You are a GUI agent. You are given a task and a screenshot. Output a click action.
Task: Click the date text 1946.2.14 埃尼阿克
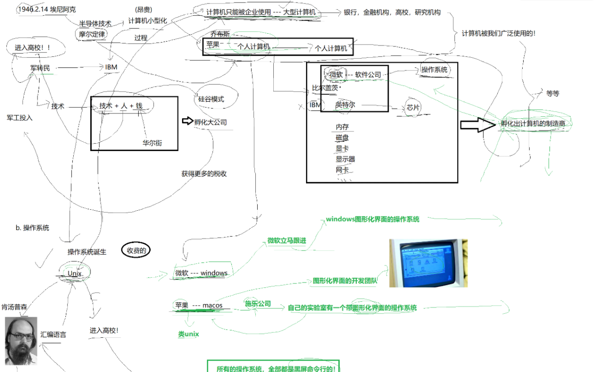(x=46, y=9)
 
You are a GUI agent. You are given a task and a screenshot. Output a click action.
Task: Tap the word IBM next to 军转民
(x=111, y=67)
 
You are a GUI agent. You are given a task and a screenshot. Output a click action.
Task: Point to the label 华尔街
(x=152, y=143)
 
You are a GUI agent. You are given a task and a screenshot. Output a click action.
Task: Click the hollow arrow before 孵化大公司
(x=187, y=121)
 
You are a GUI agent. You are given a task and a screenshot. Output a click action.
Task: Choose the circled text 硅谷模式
(x=211, y=99)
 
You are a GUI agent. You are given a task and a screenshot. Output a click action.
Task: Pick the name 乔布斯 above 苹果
(x=220, y=34)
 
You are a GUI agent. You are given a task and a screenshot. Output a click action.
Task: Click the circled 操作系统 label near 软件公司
(x=434, y=70)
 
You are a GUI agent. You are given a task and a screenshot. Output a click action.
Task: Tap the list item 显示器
(x=345, y=159)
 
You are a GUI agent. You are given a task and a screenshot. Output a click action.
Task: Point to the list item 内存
(x=342, y=127)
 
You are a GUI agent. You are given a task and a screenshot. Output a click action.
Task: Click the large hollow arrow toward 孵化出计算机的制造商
(x=478, y=125)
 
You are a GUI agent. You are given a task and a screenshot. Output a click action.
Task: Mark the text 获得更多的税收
(x=204, y=174)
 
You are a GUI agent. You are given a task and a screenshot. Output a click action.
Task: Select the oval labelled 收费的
(x=136, y=250)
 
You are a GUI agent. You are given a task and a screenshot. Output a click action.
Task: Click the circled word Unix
(x=75, y=274)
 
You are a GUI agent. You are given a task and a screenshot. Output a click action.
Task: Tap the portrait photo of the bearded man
(x=21, y=341)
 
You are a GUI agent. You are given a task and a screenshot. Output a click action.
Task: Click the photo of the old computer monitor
(x=428, y=263)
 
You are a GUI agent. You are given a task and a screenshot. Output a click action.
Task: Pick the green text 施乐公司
(x=258, y=304)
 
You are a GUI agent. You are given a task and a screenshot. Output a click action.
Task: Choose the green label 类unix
(x=188, y=334)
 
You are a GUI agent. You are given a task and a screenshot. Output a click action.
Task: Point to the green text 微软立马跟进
(x=287, y=241)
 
